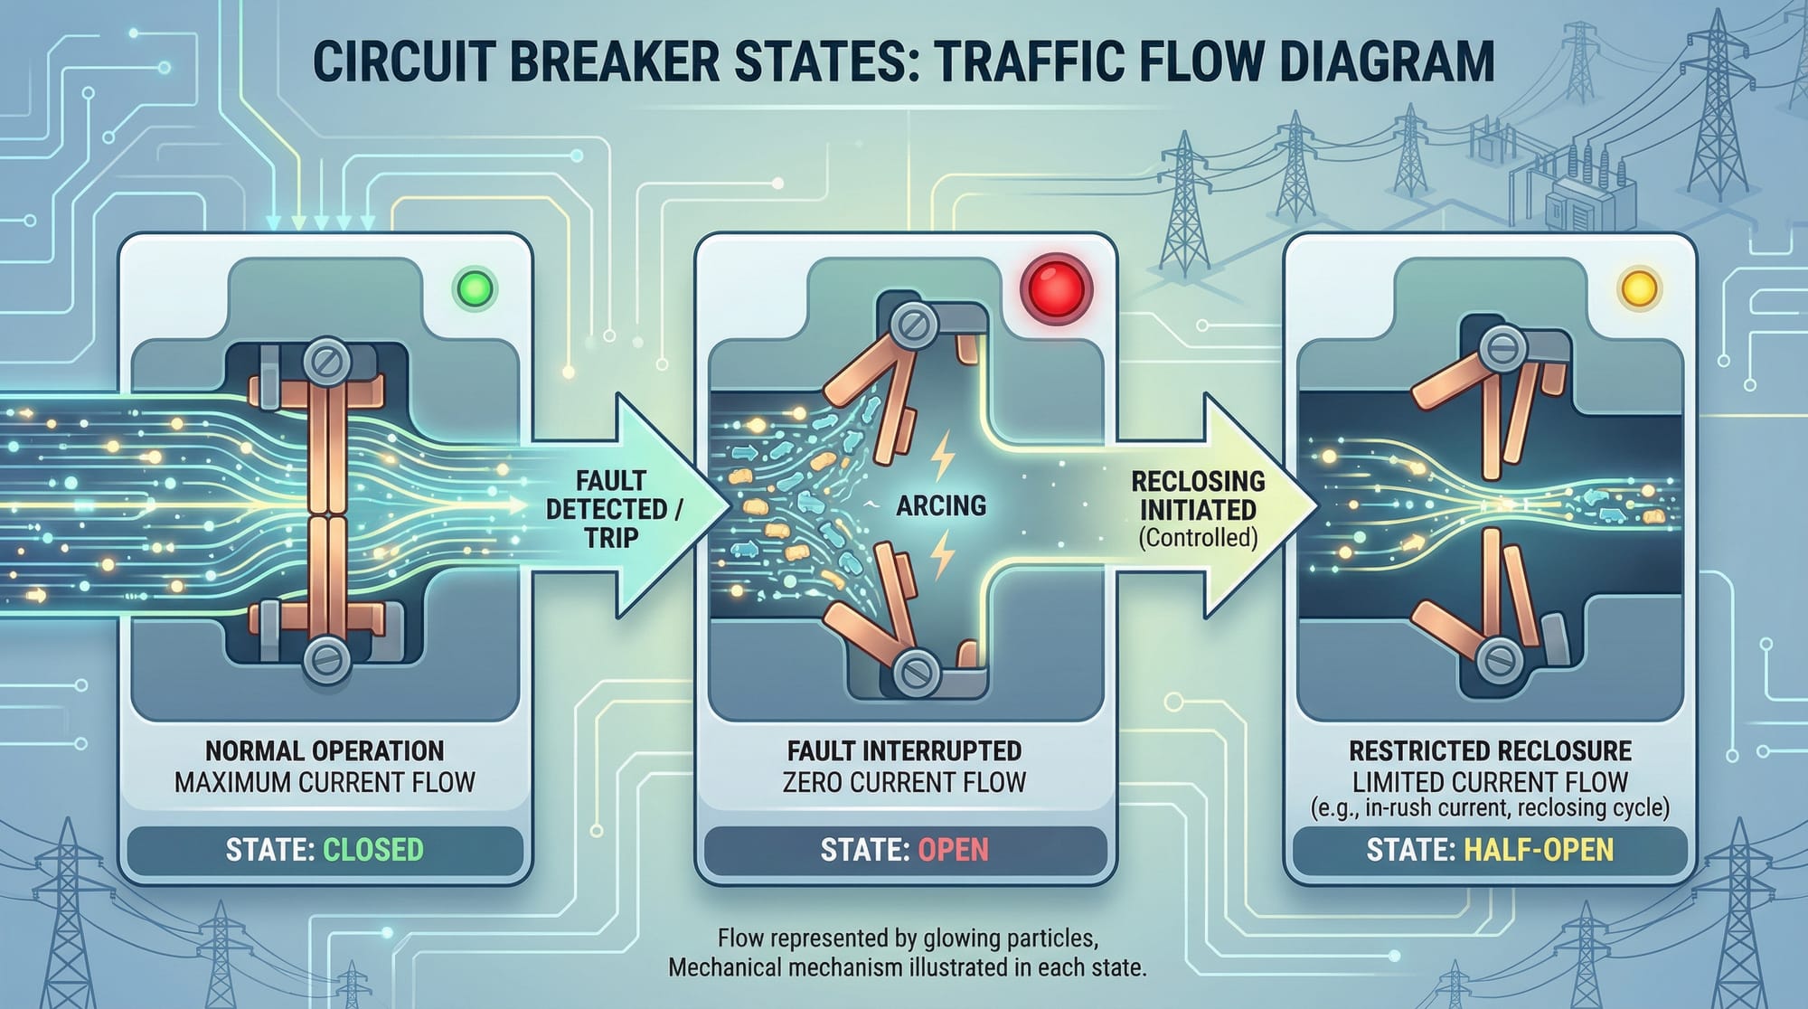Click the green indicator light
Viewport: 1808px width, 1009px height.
(476, 289)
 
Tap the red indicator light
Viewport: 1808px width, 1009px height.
(1056, 289)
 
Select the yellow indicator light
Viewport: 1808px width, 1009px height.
(1639, 289)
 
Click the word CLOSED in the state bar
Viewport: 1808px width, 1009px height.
(372, 850)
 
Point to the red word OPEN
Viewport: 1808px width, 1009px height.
(953, 850)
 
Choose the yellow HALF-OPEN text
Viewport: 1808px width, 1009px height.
(1539, 850)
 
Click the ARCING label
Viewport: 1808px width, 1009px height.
(941, 505)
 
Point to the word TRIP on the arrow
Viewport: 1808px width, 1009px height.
(610, 538)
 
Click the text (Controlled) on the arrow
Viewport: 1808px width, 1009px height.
(1198, 538)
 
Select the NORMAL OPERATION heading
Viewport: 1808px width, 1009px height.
(325, 750)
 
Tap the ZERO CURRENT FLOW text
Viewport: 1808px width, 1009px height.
(904, 782)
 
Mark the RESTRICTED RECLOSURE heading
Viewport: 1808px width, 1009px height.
(1490, 750)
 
